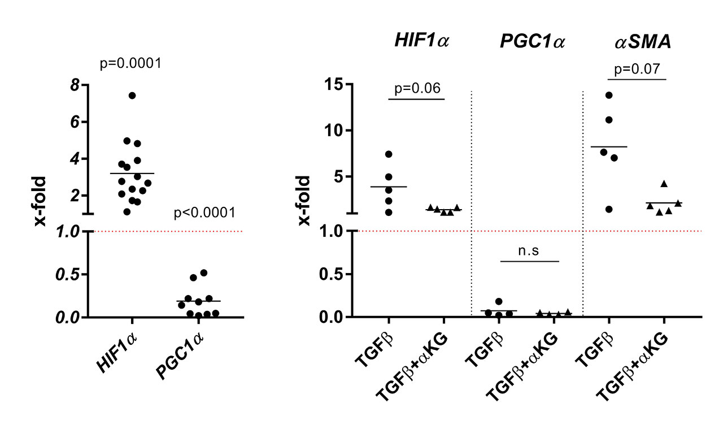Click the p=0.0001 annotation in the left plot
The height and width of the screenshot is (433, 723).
(131, 63)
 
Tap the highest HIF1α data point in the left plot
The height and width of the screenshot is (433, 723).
(132, 96)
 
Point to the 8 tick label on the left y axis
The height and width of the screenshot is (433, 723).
(73, 85)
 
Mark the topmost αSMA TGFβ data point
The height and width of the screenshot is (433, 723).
(609, 95)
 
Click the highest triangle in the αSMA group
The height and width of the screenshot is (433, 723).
(664, 184)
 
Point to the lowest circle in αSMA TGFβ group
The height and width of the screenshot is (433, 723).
(609, 209)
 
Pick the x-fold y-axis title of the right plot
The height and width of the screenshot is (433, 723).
(304, 201)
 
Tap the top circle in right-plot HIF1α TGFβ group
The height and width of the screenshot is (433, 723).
(389, 154)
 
